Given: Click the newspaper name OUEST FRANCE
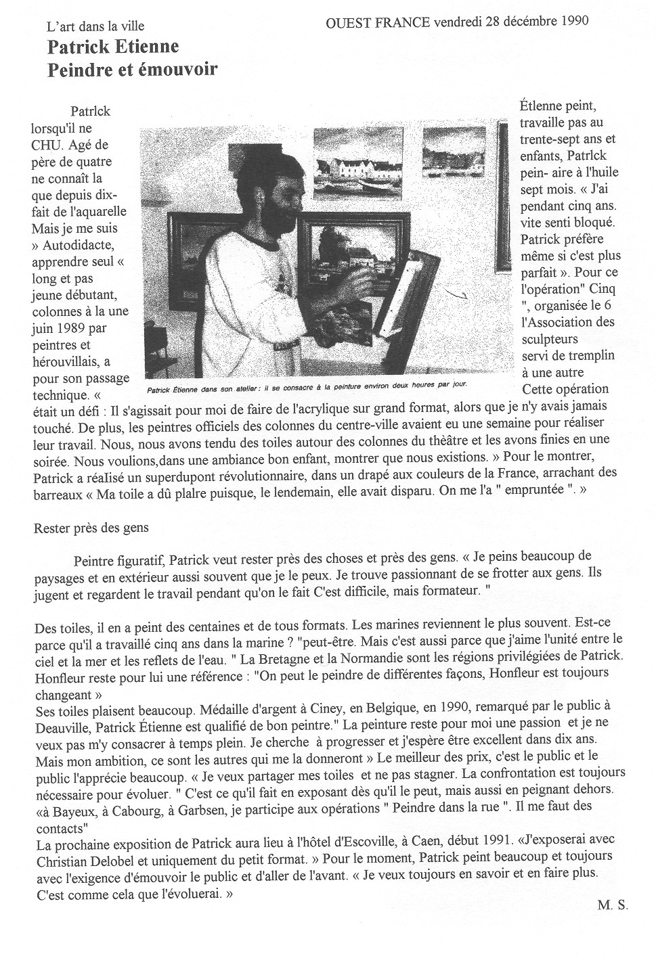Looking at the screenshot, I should click(378, 21).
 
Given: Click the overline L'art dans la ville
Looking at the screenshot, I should click(95, 27).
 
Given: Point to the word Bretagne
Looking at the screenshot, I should click(359, 656).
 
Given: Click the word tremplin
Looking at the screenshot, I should click(579, 355).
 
